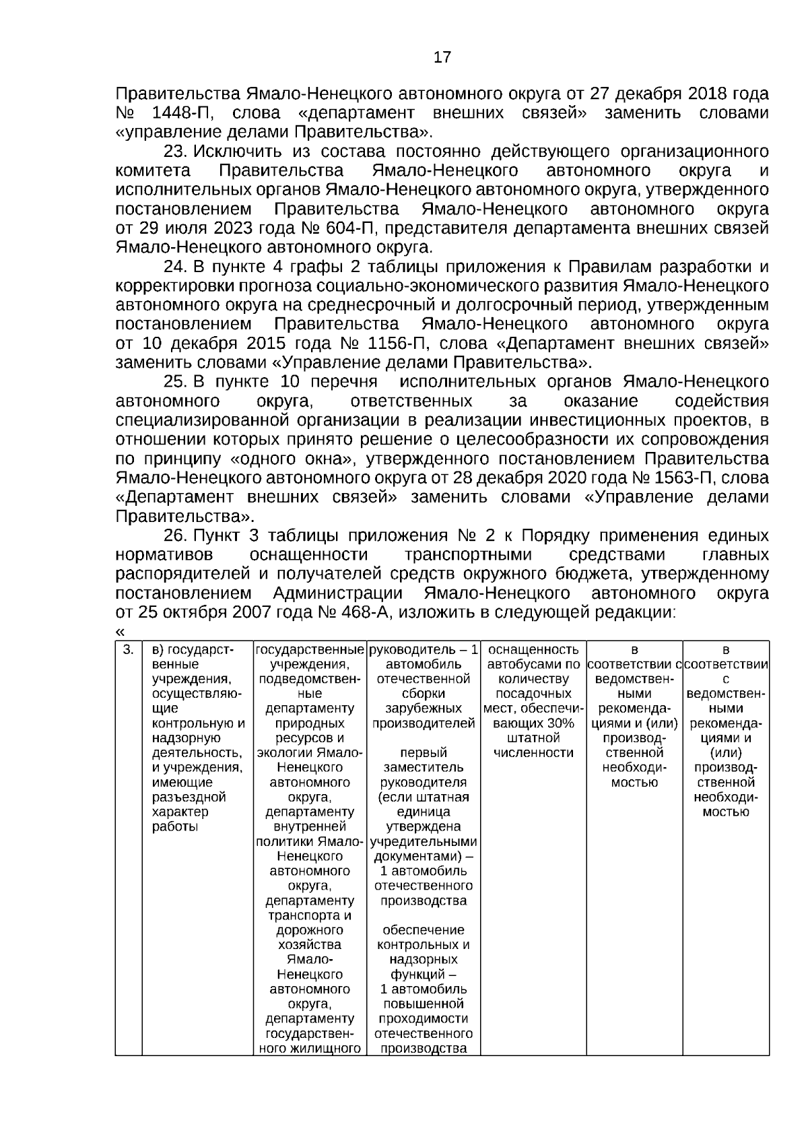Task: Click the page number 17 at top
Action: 442,57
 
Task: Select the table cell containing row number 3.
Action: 128,650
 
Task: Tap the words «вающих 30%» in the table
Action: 533,723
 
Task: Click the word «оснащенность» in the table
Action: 533,650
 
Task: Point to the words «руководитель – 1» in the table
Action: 424,650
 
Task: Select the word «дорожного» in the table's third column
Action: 309,930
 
